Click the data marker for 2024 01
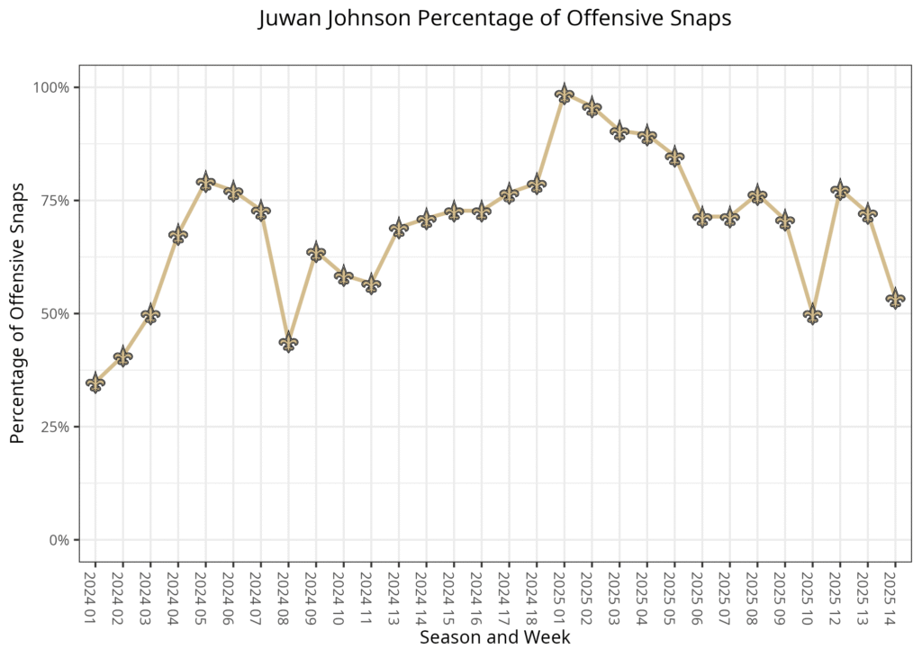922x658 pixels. click(x=95, y=383)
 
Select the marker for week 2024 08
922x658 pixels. click(x=288, y=342)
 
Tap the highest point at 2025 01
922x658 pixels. click(x=565, y=94)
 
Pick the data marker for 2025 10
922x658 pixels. click(x=812, y=314)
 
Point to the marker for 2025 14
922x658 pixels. click(x=895, y=299)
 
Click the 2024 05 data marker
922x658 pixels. click(x=205, y=182)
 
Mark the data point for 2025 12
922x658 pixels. click(x=840, y=190)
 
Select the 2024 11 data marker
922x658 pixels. click(x=371, y=284)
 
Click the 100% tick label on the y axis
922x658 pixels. click(x=51, y=87)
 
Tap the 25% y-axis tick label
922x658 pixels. click(x=55, y=427)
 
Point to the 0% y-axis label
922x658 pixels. click(x=59, y=540)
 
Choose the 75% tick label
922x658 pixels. click(x=55, y=201)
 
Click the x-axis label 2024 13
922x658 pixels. click(x=398, y=595)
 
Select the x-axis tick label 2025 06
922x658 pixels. click(x=702, y=595)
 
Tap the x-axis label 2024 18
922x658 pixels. click(x=537, y=595)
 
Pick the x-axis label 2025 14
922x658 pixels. click(x=895, y=595)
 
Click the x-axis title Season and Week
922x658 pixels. click(x=494, y=638)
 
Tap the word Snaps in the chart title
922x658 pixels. click(x=699, y=20)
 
